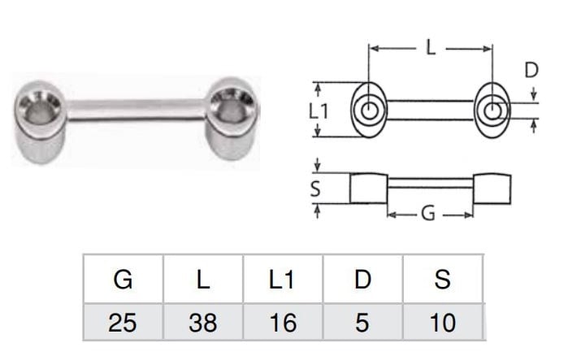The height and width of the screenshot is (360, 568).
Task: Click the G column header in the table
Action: [123, 280]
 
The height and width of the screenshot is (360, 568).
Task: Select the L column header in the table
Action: [203, 280]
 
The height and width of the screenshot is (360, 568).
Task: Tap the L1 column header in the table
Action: [281, 280]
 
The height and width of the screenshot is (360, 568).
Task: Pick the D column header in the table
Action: [363, 280]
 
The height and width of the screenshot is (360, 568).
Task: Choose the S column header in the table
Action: [443, 280]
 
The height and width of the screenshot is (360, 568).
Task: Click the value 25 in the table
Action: [123, 323]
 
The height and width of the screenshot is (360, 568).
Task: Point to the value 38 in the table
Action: [203, 323]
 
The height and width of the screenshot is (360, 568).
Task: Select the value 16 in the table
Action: [283, 323]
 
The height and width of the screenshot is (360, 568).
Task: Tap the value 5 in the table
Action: [362, 323]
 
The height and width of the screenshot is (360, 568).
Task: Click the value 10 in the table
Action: [443, 323]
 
